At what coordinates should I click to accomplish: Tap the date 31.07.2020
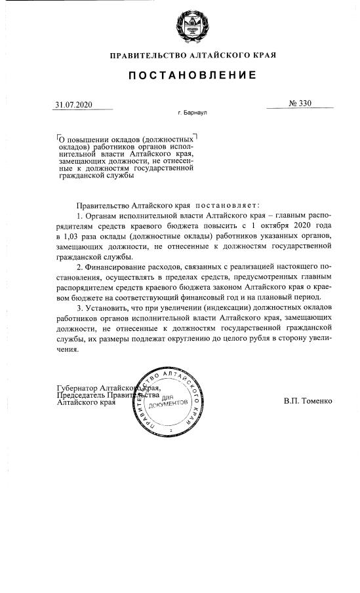click(x=74, y=104)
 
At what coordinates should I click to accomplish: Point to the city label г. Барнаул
click(x=192, y=113)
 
